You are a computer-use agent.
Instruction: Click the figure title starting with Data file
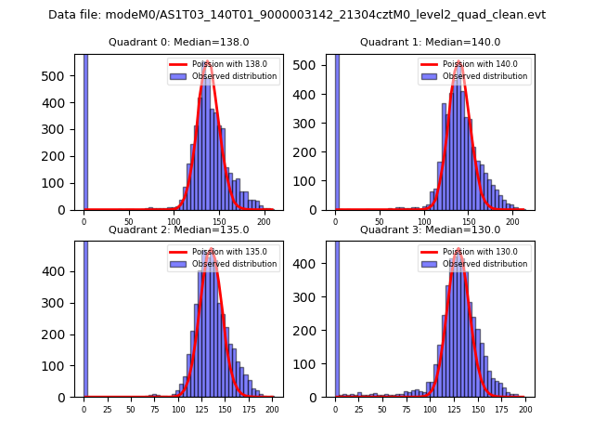(x=297, y=15)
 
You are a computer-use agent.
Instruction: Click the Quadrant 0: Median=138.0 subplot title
(x=179, y=42)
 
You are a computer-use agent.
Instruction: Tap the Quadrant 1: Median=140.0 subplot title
(x=431, y=42)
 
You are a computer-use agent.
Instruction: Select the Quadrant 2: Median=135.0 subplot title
(x=179, y=230)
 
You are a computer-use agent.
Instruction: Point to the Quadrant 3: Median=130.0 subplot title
(x=431, y=230)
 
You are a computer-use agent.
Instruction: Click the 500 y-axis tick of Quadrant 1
(x=315, y=67)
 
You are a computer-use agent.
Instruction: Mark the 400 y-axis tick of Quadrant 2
(x=63, y=271)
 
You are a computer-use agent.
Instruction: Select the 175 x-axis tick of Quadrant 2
(x=249, y=410)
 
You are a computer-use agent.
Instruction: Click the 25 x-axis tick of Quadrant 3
(x=358, y=410)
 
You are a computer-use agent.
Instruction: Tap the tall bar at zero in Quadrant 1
(x=336, y=130)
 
